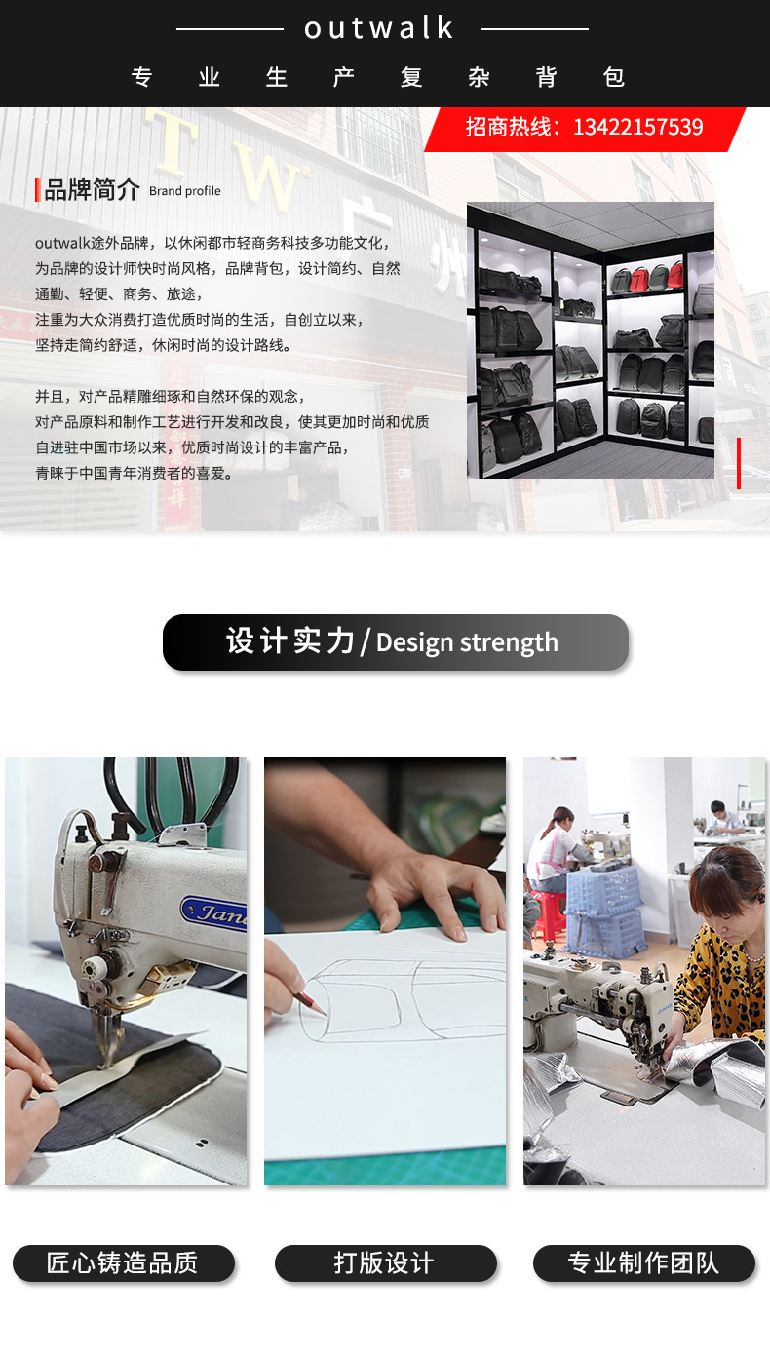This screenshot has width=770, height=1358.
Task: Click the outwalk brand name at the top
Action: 379,28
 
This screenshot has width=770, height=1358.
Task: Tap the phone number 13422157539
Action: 637,127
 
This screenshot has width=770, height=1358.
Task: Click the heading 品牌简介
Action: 92,190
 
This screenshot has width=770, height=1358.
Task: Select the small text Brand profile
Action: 185,191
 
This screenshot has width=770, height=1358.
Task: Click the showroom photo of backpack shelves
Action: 590,339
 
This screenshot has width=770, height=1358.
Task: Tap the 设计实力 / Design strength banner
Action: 395,642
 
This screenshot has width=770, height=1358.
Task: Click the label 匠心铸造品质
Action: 123,1263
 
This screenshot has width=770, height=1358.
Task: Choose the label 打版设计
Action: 385,1263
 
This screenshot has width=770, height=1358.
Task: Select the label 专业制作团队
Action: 643,1263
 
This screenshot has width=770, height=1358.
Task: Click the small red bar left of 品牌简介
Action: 37,190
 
